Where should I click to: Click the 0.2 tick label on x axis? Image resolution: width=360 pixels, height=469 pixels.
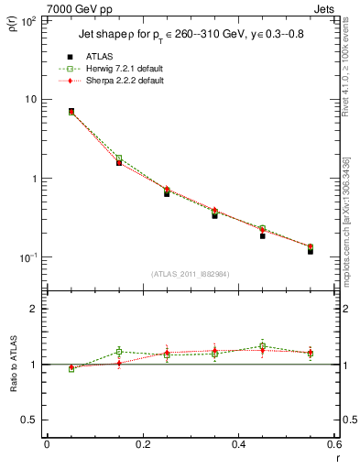[143, 444]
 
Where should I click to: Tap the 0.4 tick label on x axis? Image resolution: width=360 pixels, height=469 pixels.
[238, 444]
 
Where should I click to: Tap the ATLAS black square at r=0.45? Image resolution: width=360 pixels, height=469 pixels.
[262, 235]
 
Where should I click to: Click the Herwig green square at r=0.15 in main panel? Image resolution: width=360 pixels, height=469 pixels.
[119, 158]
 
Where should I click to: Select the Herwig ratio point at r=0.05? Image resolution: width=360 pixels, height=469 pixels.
[71, 368]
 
